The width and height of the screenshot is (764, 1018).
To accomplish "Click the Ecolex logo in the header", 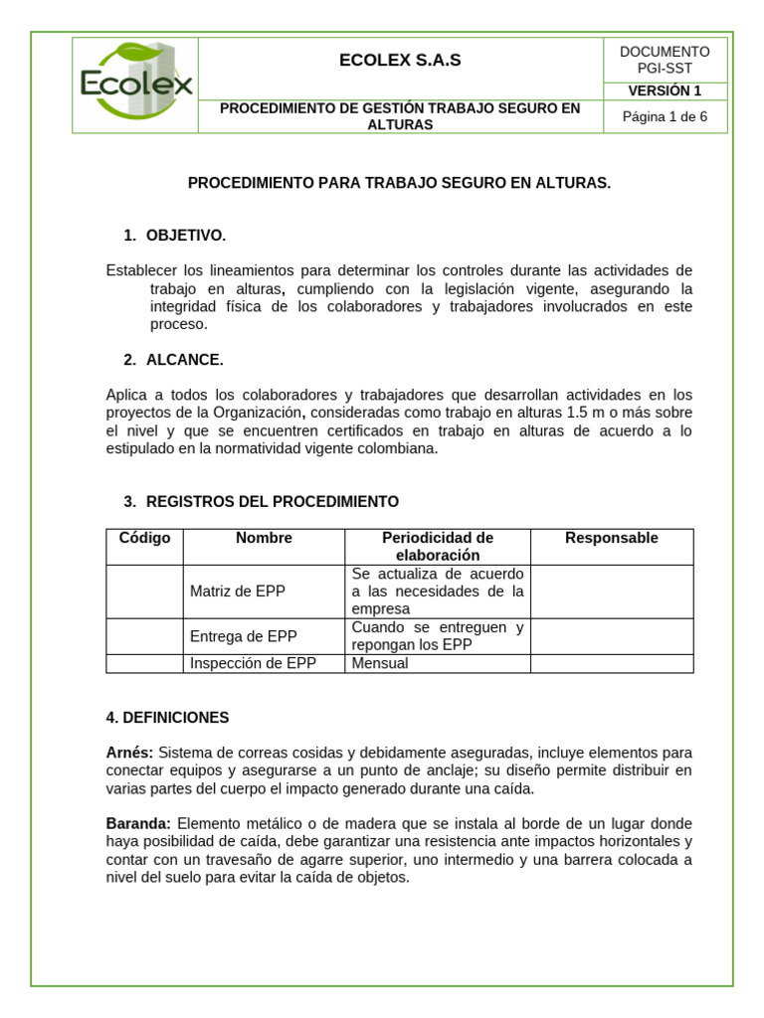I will click(136, 84).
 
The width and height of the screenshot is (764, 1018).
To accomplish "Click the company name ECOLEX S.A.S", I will click(400, 61).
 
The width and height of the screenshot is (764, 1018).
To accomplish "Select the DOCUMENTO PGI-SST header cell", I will click(665, 60).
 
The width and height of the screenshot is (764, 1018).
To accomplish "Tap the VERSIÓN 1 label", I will click(665, 90).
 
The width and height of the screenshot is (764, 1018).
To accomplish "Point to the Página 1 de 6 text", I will click(665, 116).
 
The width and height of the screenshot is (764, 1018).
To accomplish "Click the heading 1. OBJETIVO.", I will click(175, 236).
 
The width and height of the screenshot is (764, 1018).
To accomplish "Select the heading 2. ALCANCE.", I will click(174, 360).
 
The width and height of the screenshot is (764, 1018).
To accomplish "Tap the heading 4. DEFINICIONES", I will click(167, 717).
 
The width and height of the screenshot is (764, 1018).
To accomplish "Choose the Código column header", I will click(144, 538).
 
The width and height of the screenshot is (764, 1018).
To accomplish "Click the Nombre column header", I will click(264, 538).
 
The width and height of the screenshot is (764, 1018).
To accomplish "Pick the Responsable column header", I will click(612, 538).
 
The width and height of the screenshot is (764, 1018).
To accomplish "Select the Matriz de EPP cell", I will click(238, 591).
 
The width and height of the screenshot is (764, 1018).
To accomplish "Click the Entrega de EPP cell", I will click(244, 636).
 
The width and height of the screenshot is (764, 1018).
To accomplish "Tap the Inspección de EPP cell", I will click(253, 663).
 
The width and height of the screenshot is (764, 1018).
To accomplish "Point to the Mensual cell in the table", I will click(380, 663).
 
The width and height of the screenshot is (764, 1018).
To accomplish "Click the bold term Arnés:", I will click(129, 753).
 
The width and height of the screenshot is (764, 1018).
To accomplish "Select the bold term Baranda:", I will click(138, 824).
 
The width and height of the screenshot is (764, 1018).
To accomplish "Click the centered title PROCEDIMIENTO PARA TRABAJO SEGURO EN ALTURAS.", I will click(400, 184).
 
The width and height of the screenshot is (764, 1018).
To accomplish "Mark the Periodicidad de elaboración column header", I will click(438, 546).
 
